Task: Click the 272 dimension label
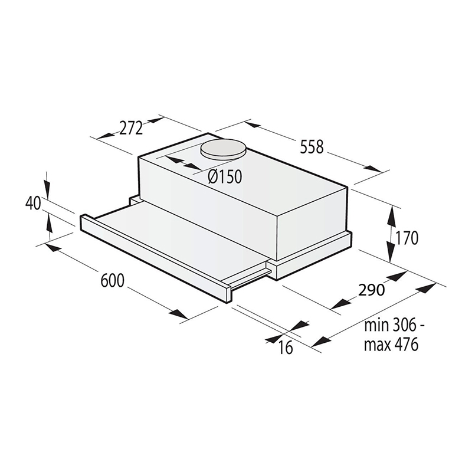coord(131,128)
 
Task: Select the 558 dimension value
coord(312,147)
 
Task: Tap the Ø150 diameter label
coord(225,176)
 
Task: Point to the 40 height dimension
coord(33,204)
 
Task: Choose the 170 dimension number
coord(407,238)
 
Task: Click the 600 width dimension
coord(112,281)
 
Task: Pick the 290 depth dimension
coord(371,290)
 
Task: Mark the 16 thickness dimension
coord(285,348)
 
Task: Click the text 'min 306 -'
coord(395,326)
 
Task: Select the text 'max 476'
coord(391,345)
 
